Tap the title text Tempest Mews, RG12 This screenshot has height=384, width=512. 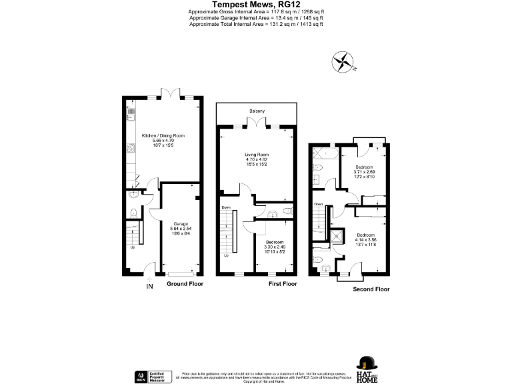pos(255,4)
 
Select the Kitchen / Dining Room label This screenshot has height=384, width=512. pos(163,135)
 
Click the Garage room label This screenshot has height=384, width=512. pos(180,223)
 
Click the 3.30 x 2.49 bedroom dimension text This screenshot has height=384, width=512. pos(275,247)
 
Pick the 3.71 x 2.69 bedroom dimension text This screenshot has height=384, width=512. pos(364,172)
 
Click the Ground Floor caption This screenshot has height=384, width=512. pos(185,284)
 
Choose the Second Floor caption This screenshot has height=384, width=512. pos(372,289)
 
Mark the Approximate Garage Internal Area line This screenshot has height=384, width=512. pos(256,18)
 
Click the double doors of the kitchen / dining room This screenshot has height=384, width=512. pos(175,94)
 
